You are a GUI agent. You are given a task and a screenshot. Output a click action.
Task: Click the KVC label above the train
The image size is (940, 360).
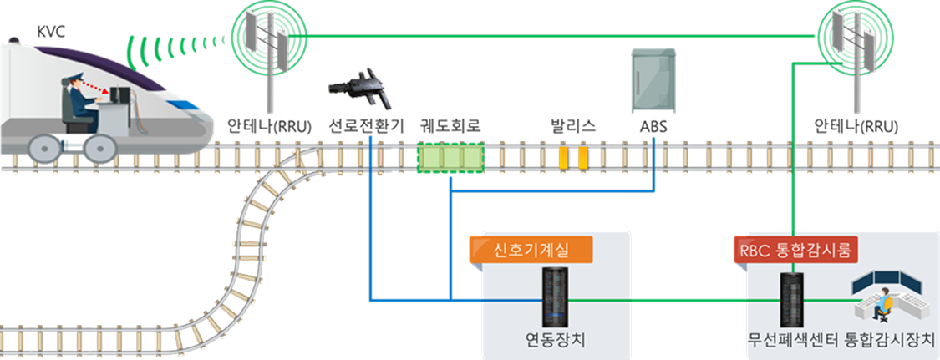pyautogui.click(x=51, y=31)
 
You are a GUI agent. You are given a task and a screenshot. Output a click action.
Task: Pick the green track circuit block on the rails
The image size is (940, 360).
pyautogui.click(x=450, y=158)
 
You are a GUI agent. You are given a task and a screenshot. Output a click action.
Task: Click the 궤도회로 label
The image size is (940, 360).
pyautogui.click(x=450, y=128)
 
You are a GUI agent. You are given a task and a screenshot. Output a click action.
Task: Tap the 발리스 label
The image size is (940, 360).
pyautogui.click(x=572, y=128)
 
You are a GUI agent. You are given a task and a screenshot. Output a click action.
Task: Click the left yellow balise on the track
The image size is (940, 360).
pyautogui.click(x=564, y=158)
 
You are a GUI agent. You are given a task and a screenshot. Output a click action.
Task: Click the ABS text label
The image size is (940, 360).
pyautogui.click(x=653, y=128)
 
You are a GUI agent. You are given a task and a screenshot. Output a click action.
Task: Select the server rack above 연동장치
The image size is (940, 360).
pyautogui.click(x=552, y=297)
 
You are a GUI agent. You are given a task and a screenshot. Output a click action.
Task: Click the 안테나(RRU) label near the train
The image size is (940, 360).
pyautogui.click(x=269, y=128)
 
